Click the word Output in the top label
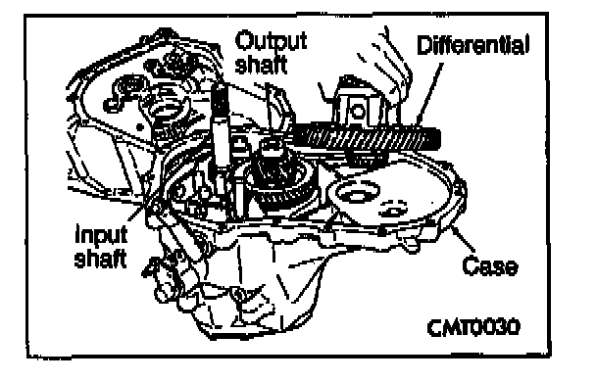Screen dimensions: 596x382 point(271,41)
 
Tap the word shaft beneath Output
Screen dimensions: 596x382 point(261,64)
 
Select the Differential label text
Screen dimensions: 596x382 point(472,45)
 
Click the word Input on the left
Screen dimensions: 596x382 point(101,234)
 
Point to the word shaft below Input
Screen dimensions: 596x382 point(100,258)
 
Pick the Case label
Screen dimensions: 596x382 point(490,265)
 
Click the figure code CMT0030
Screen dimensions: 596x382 point(472,327)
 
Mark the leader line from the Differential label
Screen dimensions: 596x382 point(429,95)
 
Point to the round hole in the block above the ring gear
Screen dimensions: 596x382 point(357,112)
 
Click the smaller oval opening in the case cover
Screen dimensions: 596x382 point(394,209)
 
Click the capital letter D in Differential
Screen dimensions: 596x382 point(424,45)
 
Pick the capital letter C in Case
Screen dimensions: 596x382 point(470,265)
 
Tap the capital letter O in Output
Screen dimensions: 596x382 point(244,40)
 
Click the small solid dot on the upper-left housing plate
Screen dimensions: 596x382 point(140,127)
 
